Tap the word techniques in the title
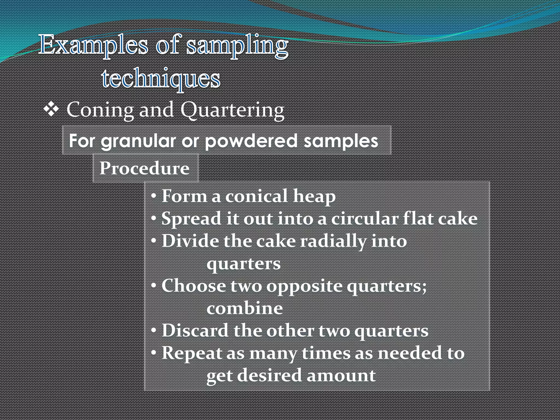161,79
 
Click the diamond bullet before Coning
51,110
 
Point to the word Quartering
232,110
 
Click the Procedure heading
144,168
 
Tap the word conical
256,196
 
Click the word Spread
191,219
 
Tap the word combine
245,308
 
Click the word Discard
195,331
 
